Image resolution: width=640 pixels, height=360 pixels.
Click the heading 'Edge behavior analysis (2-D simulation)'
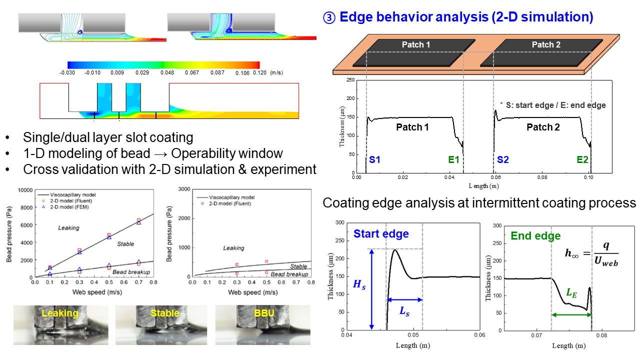pos(466,17)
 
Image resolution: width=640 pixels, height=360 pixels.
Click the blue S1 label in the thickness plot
pos(375,160)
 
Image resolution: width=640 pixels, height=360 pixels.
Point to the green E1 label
pos(453,160)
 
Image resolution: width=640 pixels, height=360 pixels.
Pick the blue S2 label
pos(502,160)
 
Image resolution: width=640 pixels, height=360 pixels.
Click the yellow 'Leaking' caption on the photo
pos(60,313)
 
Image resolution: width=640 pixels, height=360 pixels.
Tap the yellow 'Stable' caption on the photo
pos(164,313)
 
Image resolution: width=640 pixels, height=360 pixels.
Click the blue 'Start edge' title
pos(381,233)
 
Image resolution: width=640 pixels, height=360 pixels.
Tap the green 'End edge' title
pos(535,235)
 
